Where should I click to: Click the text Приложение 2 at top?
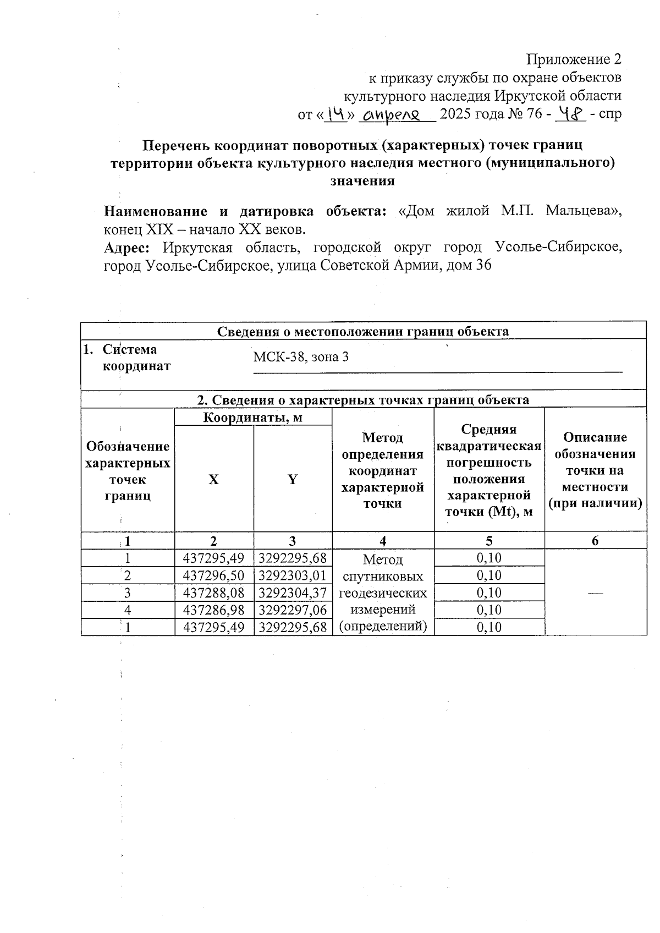574,59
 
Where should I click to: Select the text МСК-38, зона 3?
300,357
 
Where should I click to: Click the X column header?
213,479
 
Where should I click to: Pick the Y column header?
293,479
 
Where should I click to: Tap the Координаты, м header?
253,418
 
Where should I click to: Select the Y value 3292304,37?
293,593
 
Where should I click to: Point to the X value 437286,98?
213,610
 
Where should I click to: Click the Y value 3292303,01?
293,576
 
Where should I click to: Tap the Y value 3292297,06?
293,610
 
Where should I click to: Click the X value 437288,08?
213,593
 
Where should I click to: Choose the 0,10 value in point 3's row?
489,593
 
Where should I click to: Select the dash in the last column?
595,592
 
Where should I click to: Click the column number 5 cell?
489,541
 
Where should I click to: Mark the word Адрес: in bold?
127,248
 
